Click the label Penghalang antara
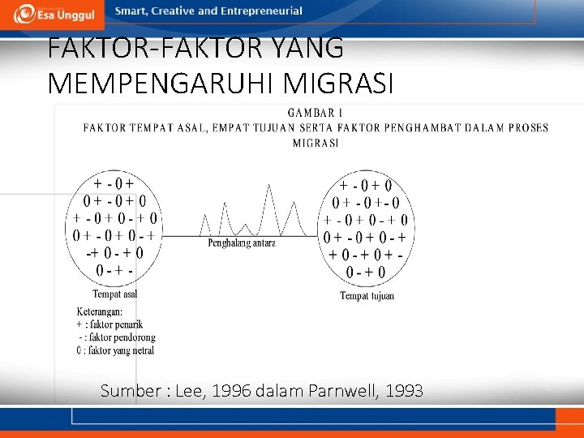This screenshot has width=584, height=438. [x=242, y=243]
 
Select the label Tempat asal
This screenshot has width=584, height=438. [x=115, y=294]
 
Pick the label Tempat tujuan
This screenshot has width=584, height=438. [x=367, y=296]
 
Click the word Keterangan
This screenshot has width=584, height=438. [x=100, y=311]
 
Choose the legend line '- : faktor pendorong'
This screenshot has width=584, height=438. [x=117, y=337]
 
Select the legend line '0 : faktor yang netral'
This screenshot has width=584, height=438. [x=115, y=350]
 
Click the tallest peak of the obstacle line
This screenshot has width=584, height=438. [x=268, y=187]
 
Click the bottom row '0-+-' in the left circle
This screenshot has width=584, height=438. [x=115, y=269]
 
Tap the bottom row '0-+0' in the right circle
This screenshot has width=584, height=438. [x=366, y=272]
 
